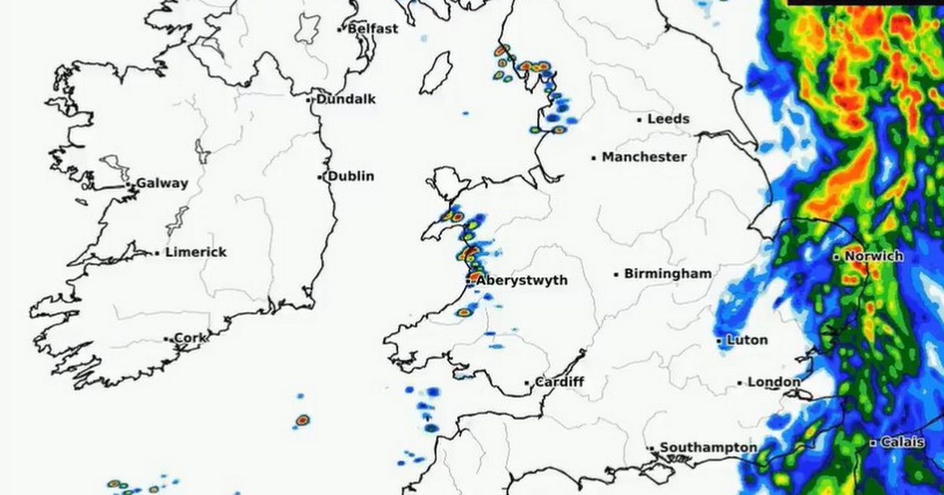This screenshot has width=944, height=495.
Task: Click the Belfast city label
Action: (373, 28)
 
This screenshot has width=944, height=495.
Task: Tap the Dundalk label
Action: (346, 99)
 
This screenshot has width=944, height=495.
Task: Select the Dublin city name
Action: (351, 176)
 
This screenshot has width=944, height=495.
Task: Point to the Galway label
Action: (162, 183)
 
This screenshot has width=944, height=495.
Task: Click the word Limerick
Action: (196, 252)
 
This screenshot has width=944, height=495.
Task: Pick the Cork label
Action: (190, 338)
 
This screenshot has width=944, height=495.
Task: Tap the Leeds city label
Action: (668, 119)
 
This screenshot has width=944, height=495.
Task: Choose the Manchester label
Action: (644, 157)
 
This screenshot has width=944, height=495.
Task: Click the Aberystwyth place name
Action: (522, 280)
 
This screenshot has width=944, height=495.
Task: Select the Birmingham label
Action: (668, 274)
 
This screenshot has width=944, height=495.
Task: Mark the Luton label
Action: (747, 340)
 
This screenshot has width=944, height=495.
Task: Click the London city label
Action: (773, 382)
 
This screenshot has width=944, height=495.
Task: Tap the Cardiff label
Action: (559, 383)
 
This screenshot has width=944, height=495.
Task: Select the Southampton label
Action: (708, 447)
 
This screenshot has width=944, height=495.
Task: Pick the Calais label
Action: (902, 442)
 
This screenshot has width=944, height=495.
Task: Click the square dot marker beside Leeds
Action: (640, 120)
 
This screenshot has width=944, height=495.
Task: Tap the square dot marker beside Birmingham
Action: (616, 275)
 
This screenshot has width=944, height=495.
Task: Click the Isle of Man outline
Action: (436, 73)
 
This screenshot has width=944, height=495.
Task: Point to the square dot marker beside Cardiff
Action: (527, 383)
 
